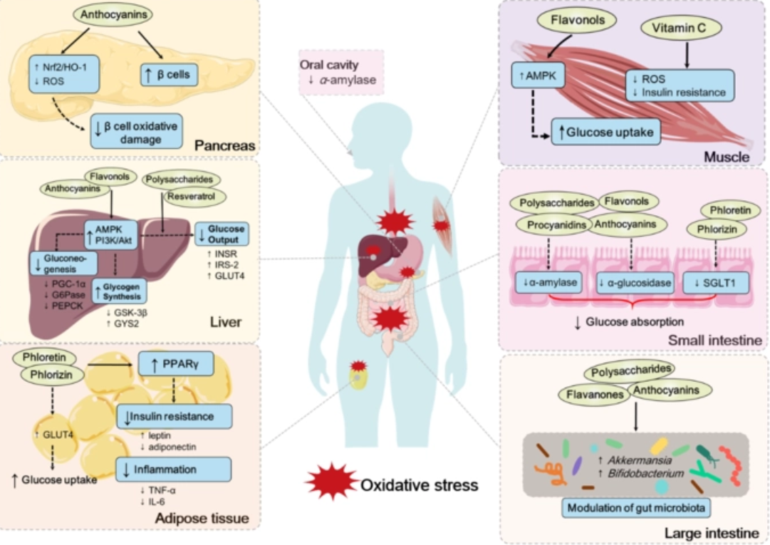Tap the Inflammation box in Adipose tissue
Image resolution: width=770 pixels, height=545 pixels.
tap(175, 469)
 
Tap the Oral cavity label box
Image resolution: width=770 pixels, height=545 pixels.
tap(339, 73)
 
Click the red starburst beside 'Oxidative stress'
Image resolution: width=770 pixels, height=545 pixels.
tap(331, 484)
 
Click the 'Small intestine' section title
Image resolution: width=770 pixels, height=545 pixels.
tap(714, 341)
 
